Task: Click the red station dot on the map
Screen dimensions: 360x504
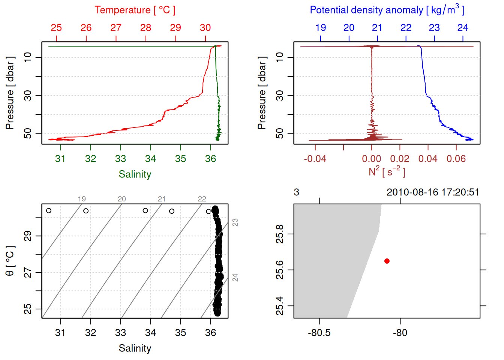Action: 387,261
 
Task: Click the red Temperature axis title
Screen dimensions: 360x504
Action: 135,10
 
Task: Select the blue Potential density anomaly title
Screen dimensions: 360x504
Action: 387,10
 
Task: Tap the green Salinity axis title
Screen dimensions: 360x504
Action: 135,174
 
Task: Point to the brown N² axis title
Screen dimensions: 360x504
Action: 387,171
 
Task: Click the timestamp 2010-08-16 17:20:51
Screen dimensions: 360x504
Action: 433,192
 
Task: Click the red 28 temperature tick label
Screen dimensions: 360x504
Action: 145,28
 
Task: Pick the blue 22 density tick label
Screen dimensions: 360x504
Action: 406,28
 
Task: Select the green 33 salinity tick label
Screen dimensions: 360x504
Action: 120,159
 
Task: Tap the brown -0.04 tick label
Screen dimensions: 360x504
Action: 315,159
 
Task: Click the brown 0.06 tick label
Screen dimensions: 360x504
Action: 456,159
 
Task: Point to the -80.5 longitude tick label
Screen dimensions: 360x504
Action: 319,333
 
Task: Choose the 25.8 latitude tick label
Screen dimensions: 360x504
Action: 280,234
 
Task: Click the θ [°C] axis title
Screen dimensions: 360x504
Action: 10,261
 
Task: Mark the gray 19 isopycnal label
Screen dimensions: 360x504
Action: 82,199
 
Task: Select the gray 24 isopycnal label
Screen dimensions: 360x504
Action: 235,277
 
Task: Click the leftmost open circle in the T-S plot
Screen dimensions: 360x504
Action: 49,211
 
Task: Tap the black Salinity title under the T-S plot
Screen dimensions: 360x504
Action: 135,348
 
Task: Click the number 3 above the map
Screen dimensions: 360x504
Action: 296,192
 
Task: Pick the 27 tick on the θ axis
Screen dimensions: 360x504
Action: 28,273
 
